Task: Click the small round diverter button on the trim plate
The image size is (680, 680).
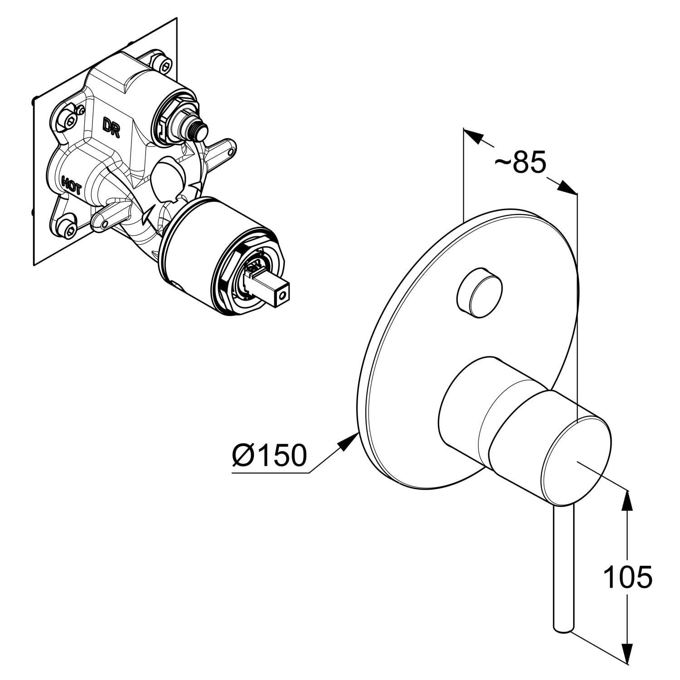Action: click(x=480, y=291)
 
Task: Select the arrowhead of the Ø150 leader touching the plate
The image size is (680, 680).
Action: click(x=350, y=441)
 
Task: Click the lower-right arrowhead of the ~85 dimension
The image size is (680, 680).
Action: click(x=568, y=188)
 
